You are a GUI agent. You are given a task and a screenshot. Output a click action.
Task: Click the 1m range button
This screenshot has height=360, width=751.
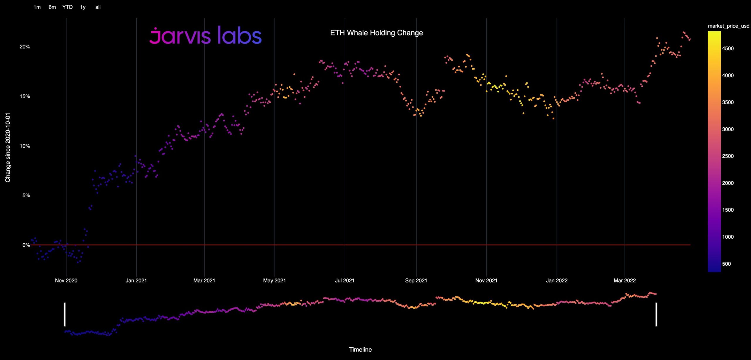pyautogui.click(x=37, y=7)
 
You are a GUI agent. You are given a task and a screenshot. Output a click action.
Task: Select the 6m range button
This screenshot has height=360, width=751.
pyautogui.click(x=52, y=7)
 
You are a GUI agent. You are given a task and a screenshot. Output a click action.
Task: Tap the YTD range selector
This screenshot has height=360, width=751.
pyautogui.click(x=67, y=7)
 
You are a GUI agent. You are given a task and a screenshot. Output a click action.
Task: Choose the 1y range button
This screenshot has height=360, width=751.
pyautogui.click(x=83, y=7)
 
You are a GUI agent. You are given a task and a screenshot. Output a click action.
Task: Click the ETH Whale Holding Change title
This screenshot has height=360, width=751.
pyautogui.click(x=376, y=33)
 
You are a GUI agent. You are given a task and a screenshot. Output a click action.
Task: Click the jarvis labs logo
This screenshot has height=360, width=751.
pyautogui.click(x=205, y=36)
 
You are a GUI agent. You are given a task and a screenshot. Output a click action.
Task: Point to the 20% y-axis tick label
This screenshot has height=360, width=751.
pyautogui.click(x=25, y=47)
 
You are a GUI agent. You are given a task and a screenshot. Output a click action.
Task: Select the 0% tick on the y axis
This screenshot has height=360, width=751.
pyautogui.click(x=26, y=245)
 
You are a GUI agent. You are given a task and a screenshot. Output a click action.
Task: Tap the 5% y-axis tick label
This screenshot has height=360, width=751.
pyautogui.click(x=26, y=195)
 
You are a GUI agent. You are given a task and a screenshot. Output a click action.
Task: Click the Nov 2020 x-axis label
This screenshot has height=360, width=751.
pyautogui.click(x=66, y=280)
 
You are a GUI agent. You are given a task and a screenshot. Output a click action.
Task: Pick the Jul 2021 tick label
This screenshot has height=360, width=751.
pyautogui.click(x=344, y=280)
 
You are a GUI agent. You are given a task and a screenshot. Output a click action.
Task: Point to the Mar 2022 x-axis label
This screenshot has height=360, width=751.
pyautogui.click(x=625, y=280)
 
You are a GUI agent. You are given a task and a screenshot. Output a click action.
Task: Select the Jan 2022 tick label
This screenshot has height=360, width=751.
pyautogui.click(x=557, y=280)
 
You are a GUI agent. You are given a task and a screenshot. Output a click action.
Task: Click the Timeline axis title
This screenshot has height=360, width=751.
pyautogui.click(x=360, y=349)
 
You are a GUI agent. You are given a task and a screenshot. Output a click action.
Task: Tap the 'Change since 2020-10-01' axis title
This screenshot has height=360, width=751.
pyautogui.click(x=8, y=148)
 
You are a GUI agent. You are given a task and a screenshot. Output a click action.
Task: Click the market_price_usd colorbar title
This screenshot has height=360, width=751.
pyautogui.click(x=728, y=26)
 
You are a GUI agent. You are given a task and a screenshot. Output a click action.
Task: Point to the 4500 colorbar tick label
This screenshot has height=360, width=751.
pyautogui.click(x=728, y=48)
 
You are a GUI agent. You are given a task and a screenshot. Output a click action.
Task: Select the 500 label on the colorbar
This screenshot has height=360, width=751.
pyautogui.click(x=726, y=264)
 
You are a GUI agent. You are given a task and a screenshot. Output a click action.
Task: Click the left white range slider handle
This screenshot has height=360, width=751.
pyautogui.click(x=65, y=314)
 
